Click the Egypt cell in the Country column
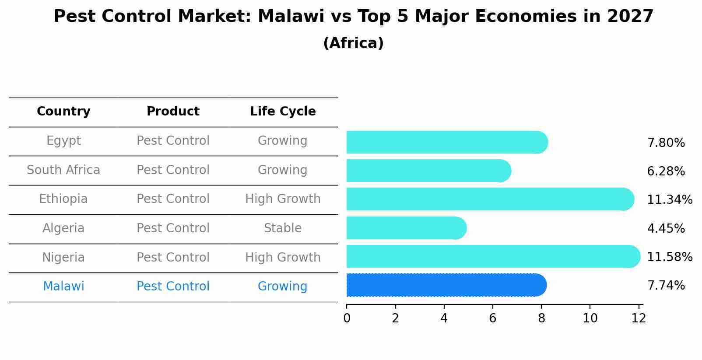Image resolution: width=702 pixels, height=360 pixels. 63,141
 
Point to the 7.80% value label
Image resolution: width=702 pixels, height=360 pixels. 666,143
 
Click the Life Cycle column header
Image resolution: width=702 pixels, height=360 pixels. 283,112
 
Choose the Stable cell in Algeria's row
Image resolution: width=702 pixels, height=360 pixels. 283,228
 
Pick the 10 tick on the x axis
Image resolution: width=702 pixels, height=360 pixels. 590,318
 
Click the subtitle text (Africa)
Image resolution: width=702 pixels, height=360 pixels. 353,43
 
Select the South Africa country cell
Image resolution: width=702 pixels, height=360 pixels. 63,170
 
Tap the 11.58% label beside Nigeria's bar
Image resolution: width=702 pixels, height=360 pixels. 669,257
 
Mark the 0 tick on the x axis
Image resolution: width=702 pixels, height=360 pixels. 347,318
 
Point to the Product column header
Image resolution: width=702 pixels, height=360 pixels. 173,112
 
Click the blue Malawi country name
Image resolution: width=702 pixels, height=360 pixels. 63,287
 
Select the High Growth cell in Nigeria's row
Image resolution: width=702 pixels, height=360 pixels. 283,258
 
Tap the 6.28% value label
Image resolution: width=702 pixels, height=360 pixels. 666,171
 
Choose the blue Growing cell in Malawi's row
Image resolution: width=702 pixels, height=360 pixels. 283,287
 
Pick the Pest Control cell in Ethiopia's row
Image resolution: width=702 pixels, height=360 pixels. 173,199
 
